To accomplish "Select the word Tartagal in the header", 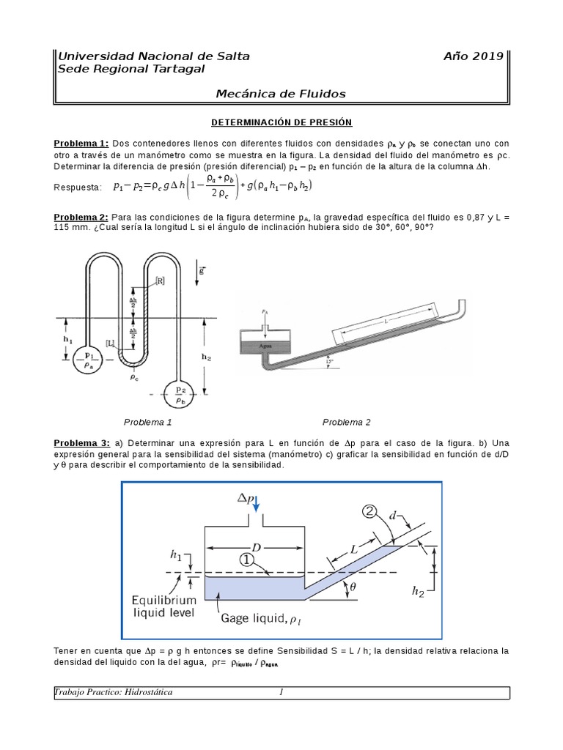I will point(174,69).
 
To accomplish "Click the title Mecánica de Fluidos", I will point(281,93).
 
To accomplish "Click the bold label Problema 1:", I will point(81,144).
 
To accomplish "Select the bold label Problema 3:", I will point(81,444).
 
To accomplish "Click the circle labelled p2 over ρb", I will point(180,394).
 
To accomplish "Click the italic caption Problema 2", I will point(347,423).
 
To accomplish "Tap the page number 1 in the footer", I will point(281,692).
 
